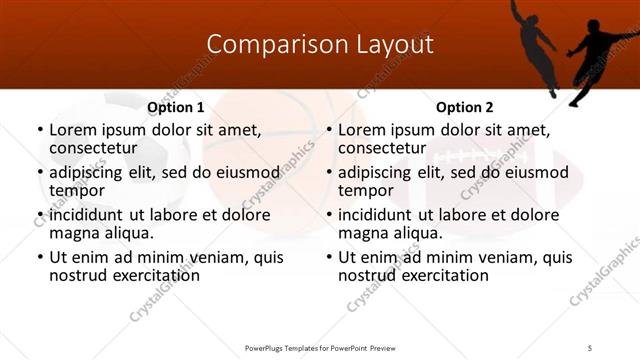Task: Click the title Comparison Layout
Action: click(x=320, y=45)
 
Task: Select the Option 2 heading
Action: click(x=464, y=107)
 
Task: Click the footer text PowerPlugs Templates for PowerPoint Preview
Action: click(x=319, y=347)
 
